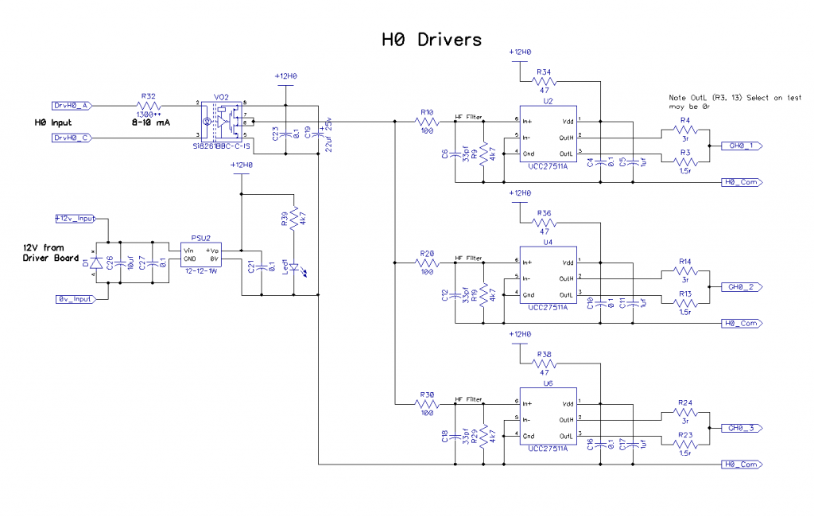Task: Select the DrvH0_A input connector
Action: (x=74, y=105)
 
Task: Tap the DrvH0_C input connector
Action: (x=74, y=138)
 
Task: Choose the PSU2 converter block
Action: (x=200, y=254)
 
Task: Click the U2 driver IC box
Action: (x=548, y=136)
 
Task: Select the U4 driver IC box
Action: (x=548, y=278)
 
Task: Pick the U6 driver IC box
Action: (x=548, y=419)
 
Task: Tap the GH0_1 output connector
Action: (x=743, y=146)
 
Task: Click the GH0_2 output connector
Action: (x=743, y=286)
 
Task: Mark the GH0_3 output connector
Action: (x=743, y=428)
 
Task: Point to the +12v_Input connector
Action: (x=75, y=218)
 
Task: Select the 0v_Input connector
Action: (x=75, y=299)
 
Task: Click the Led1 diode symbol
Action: (x=294, y=268)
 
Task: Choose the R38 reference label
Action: (x=545, y=355)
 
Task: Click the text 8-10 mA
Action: (x=149, y=123)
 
